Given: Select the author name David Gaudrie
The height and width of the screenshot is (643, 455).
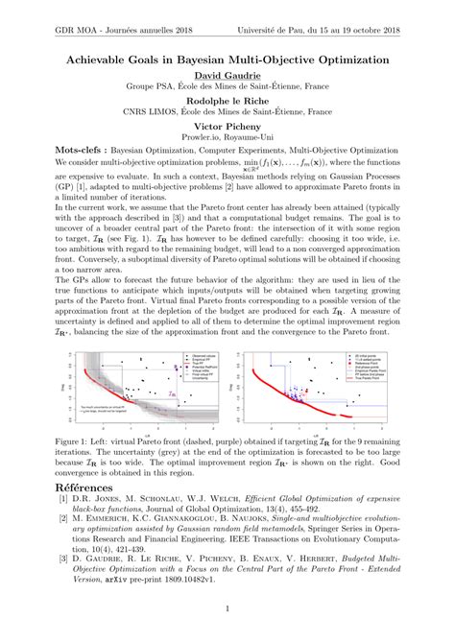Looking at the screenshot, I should click(x=227, y=76).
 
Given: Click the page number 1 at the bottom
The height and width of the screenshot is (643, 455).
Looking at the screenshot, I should click(x=227, y=608).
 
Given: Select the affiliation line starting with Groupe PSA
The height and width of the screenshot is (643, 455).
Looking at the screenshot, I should click(x=227, y=85).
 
